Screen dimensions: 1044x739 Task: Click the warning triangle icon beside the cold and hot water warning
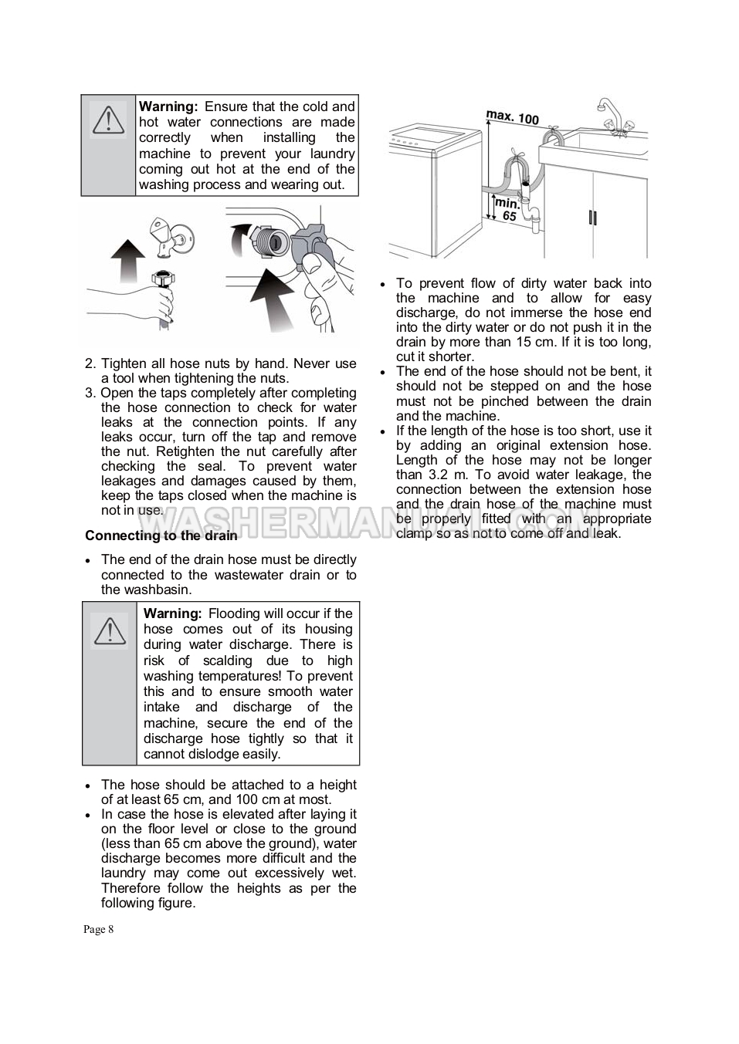point(109,120)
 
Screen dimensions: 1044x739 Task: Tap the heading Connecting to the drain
point(161,536)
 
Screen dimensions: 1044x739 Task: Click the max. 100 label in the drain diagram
point(512,117)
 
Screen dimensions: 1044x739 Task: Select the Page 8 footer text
point(99,929)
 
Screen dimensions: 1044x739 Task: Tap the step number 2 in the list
point(90,363)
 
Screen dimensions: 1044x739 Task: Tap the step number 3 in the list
point(90,393)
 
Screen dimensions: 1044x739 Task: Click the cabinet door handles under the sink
point(592,217)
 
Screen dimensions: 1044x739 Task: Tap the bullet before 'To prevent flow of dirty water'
point(382,284)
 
